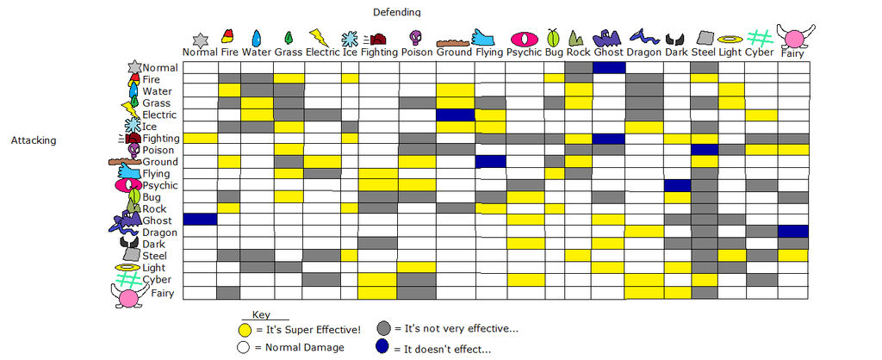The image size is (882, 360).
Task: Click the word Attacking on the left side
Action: coord(34,140)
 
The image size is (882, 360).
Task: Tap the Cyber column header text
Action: coord(760,53)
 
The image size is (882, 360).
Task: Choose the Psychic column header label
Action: coord(525,53)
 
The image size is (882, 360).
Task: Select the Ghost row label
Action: coord(157,220)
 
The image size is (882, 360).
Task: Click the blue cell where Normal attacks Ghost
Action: coord(608,67)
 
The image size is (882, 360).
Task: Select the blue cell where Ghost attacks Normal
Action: coord(200,220)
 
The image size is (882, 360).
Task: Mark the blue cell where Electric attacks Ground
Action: coord(455,115)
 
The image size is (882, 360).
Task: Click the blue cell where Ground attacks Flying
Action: coord(490,161)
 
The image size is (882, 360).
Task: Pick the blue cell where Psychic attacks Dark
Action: coord(677,185)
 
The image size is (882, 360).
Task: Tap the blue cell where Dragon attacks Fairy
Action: coord(793,232)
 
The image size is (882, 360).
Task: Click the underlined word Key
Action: coord(263,315)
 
